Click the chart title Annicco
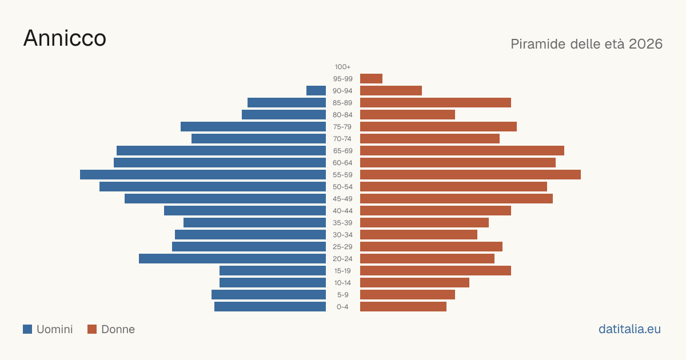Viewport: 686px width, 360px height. (65, 38)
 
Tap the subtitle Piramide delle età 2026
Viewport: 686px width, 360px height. (587, 44)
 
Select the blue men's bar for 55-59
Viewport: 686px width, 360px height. (203, 174)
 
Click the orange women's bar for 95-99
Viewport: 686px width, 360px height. (371, 79)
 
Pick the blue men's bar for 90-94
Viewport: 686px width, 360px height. (316, 91)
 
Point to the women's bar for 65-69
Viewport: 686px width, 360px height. (462, 151)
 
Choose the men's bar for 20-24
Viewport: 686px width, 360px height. (232, 259)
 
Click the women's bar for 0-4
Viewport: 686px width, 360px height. (404, 307)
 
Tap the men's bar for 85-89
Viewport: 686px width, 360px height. (286, 102)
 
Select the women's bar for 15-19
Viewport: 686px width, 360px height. (436, 271)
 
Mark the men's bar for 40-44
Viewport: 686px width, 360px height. (245, 211)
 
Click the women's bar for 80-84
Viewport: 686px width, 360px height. (408, 115)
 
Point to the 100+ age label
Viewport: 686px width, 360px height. (342, 67)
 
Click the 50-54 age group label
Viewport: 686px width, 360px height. (342, 187)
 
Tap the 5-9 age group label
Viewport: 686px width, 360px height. (342, 295)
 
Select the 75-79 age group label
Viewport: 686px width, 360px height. (342, 127)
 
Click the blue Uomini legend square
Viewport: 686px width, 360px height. (27, 329)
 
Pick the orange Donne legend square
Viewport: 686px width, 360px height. (92, 329)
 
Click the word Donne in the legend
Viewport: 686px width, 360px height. (118, 329)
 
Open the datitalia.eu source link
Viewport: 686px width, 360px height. (629, 329)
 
